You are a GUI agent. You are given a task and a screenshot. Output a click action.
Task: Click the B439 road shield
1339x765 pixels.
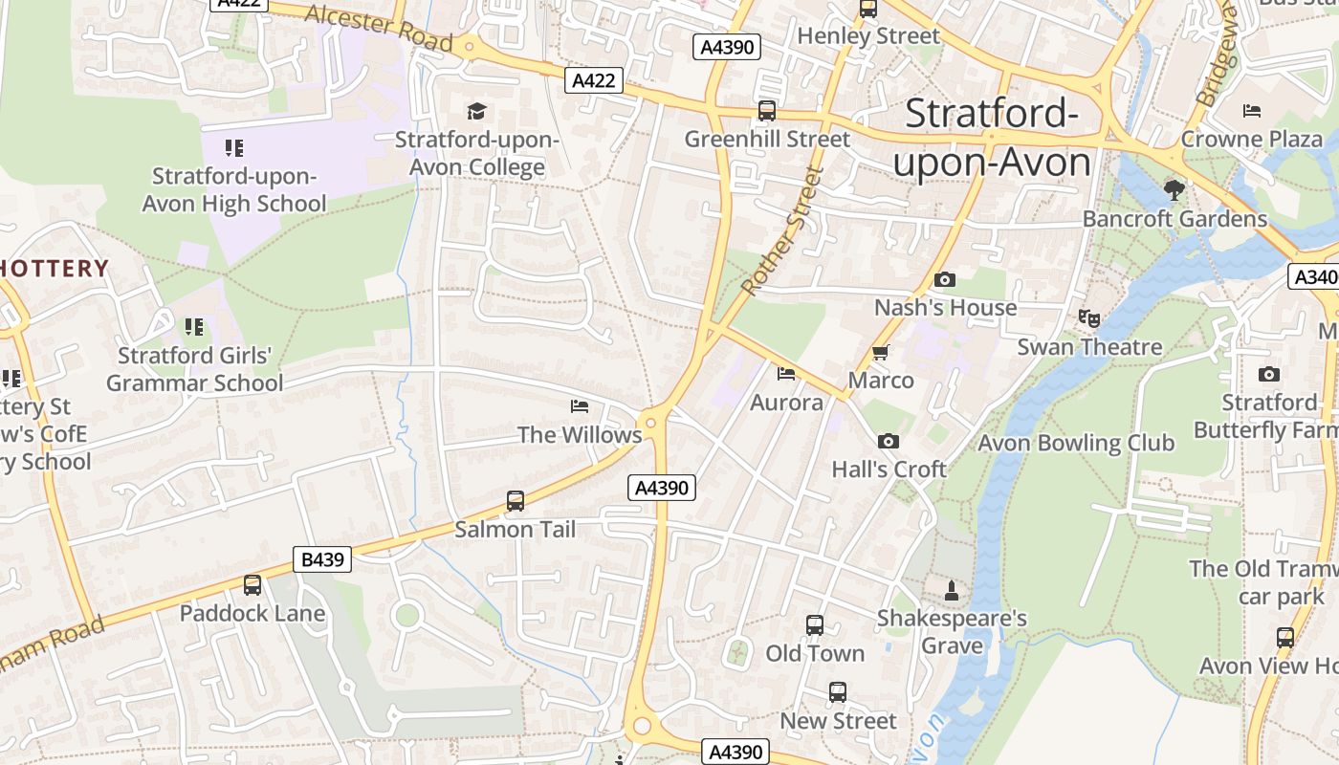(322, 559)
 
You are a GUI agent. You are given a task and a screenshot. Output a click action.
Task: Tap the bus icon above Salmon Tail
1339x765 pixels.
(516, 500)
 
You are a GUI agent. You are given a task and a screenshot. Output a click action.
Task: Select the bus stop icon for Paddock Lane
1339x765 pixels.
(252, 584)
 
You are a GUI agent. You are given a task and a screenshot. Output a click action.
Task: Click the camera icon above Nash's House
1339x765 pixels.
(945, 279)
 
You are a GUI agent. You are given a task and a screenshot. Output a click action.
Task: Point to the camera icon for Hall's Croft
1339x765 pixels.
(889, 441)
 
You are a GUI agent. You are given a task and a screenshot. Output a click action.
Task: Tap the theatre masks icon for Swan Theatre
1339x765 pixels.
(1088, 318)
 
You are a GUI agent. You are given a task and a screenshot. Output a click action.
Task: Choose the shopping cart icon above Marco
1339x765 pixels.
(881, 352)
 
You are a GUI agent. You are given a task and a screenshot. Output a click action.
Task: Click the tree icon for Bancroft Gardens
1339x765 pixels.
(1174, 189)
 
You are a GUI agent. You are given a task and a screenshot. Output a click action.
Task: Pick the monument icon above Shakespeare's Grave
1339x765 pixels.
(952, 590)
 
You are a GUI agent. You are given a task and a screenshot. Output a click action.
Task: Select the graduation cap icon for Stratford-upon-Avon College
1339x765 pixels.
(476, 111)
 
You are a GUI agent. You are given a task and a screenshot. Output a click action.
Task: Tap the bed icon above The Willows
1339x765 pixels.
(580, 406)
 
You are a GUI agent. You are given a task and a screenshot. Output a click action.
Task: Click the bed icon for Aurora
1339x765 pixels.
(786, 373)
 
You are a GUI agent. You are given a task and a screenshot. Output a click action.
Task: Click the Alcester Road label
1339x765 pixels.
(380, 28)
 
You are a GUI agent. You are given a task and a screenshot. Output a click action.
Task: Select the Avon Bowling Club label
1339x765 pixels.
(1076, 443)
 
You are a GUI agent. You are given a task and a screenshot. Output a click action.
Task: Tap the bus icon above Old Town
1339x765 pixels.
(815, 625)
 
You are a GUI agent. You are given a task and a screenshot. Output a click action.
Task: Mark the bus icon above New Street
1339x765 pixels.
(838, 692)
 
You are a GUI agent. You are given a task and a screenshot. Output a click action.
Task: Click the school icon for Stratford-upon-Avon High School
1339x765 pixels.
(234, 148)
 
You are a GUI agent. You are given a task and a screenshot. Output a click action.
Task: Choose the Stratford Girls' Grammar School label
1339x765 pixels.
(195, 369)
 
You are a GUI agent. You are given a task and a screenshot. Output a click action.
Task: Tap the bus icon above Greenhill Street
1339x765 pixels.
(767, 111)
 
